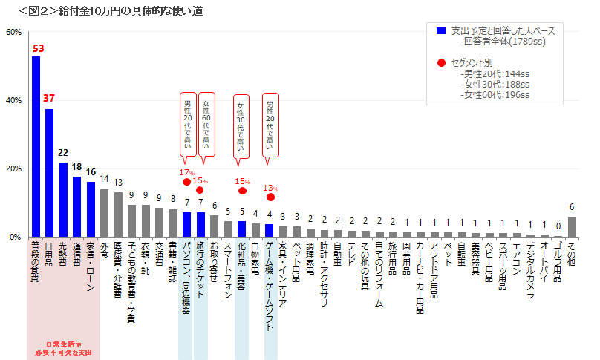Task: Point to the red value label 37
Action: click(49, 98)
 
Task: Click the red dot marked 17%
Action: click(186, 182)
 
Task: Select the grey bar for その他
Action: click(572, 227)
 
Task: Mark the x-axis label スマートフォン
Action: click(229, 268)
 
